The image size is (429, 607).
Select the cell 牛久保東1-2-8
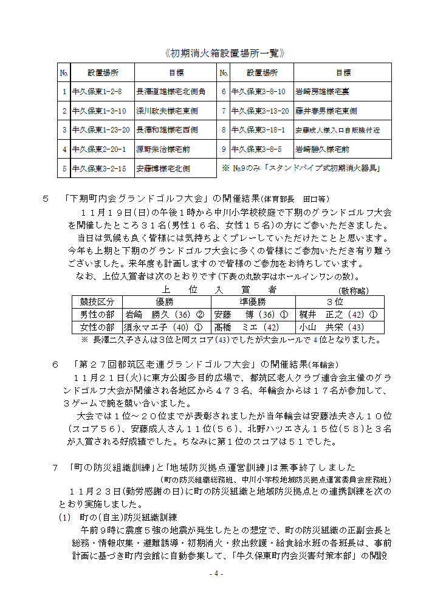tap(97, 92)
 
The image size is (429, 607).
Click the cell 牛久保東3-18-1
tap(258, 130)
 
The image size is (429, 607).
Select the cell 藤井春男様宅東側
tap(327, 111)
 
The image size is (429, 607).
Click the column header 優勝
tap(165, 302)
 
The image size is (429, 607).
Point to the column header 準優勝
tap(253, 302)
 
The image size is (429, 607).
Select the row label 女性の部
tap(97, 328)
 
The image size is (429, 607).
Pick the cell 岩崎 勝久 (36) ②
tap(164, 315)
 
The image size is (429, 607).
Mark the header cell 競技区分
tap(97, 302)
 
